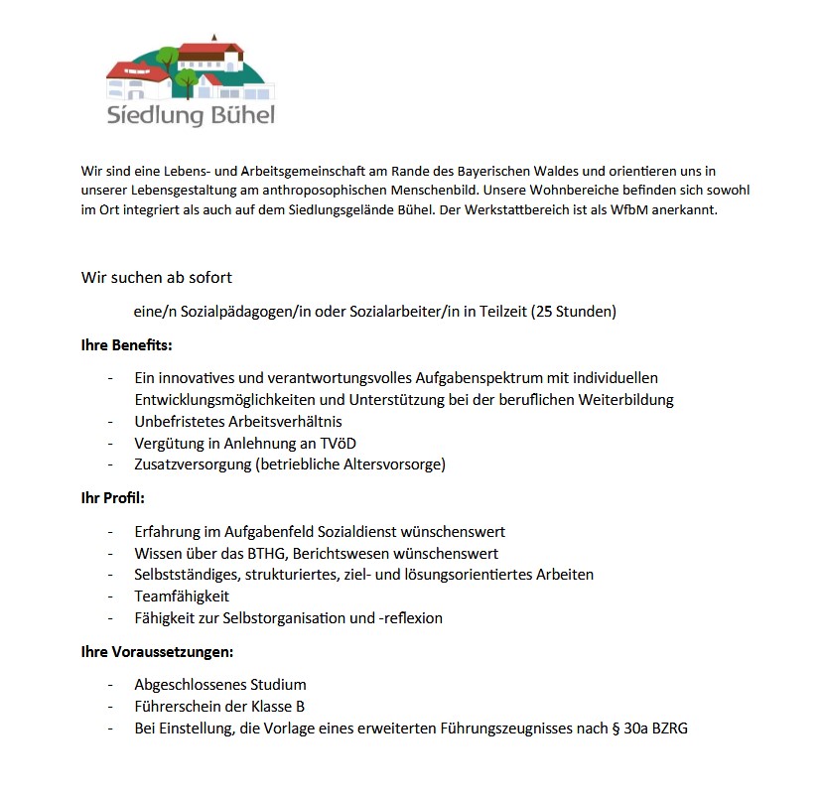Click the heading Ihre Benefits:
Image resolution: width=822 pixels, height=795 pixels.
click(x=126, y=345)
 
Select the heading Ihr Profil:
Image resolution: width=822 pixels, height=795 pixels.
click(x=112, y=498)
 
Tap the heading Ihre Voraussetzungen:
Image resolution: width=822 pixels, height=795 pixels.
click(x=157, y=652)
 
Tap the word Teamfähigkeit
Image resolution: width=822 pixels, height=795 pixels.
click(x=182, y=596)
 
